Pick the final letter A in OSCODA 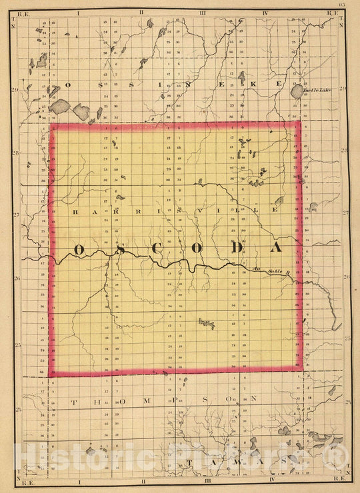click(x=275, y=248)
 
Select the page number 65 click(x=341, y=5)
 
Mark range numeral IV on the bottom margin click(x=273, y=480)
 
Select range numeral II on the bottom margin click(x=142, y=480)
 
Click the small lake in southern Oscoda click(x=206, y=324)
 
